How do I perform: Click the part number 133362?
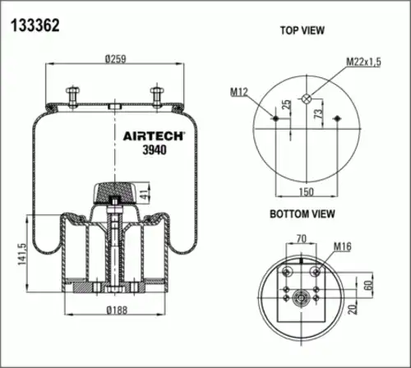[x=35, y=25]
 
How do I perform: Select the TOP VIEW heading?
[x=302, y=30]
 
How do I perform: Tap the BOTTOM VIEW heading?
[x=302, y=214]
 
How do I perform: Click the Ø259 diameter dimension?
[x=114, y=59]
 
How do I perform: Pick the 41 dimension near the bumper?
[x=145, y=195]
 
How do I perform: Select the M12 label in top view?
[x=239, y=91]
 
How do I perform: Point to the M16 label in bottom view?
[x=342, y=246]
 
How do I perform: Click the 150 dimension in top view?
[x=304, y=191]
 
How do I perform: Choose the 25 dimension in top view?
[x=285, y=105]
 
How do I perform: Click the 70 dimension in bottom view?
[x=301, y=239]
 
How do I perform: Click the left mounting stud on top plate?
[x=73, y=93]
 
